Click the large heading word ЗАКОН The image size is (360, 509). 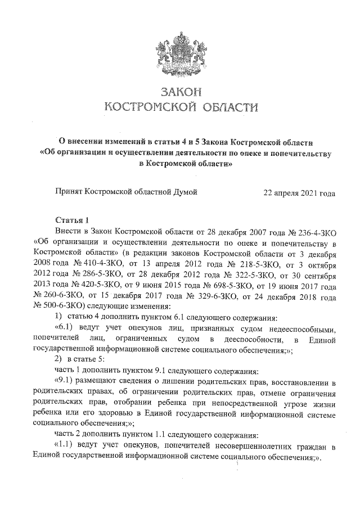click(180, 92)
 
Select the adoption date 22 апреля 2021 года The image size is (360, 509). click(299, 193)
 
